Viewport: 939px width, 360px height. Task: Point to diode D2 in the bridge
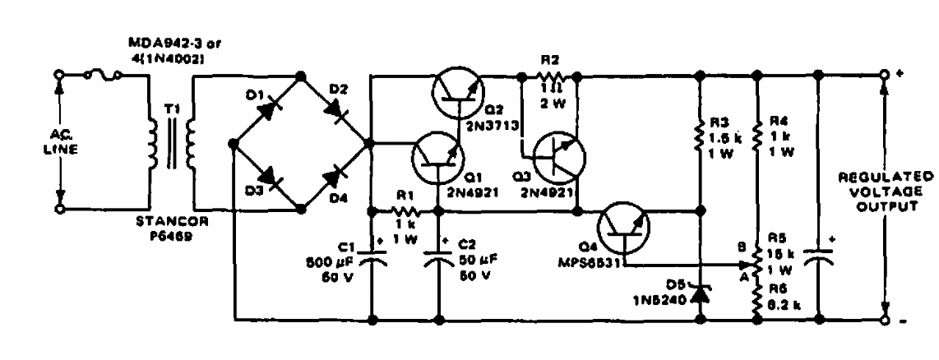pos(337,108)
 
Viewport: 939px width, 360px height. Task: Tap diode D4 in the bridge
pos(337,175)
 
